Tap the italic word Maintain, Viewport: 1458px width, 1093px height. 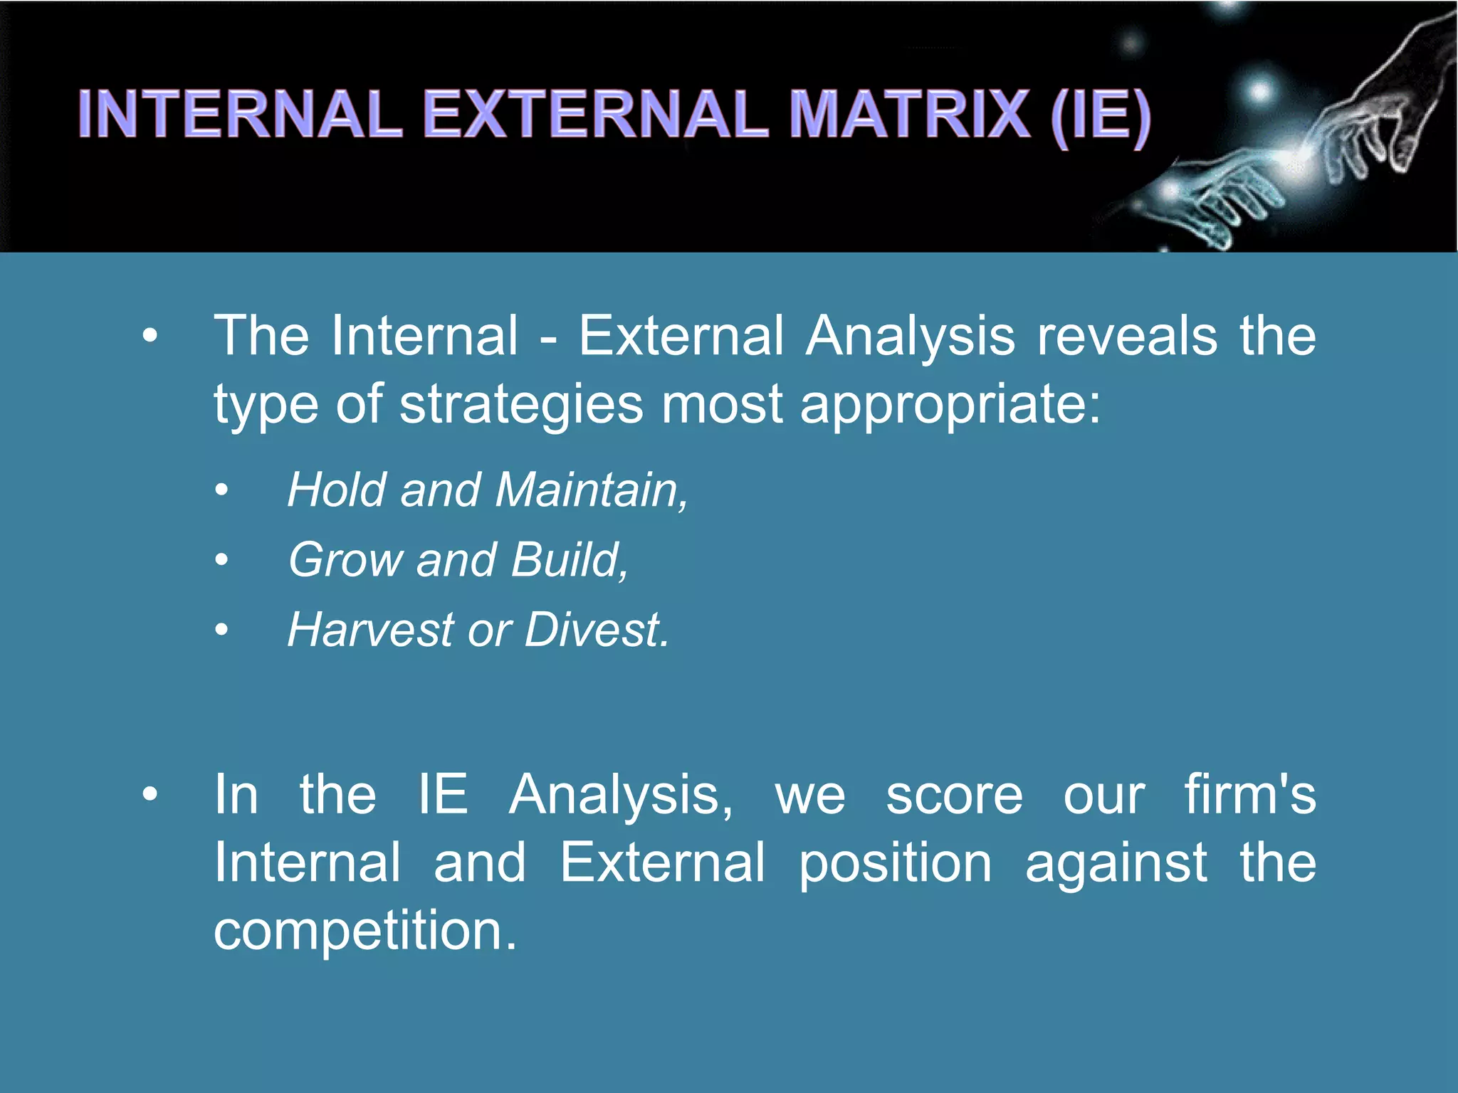tap(592, 490)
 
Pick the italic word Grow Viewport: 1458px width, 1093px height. tap(346, 560)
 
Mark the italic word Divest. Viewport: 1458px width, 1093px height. tap(597, 630)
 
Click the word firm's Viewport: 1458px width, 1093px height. tap(1249, 795)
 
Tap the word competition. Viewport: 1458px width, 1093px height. tap(364, 931)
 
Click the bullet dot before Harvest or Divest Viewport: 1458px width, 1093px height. tap(222, 630)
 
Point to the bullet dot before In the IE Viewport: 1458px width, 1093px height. tap(150, 794)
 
